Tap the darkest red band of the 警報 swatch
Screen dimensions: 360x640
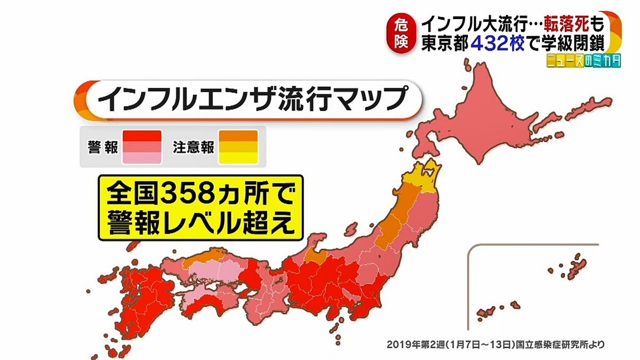pyautogui.click(x=141, y=135)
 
